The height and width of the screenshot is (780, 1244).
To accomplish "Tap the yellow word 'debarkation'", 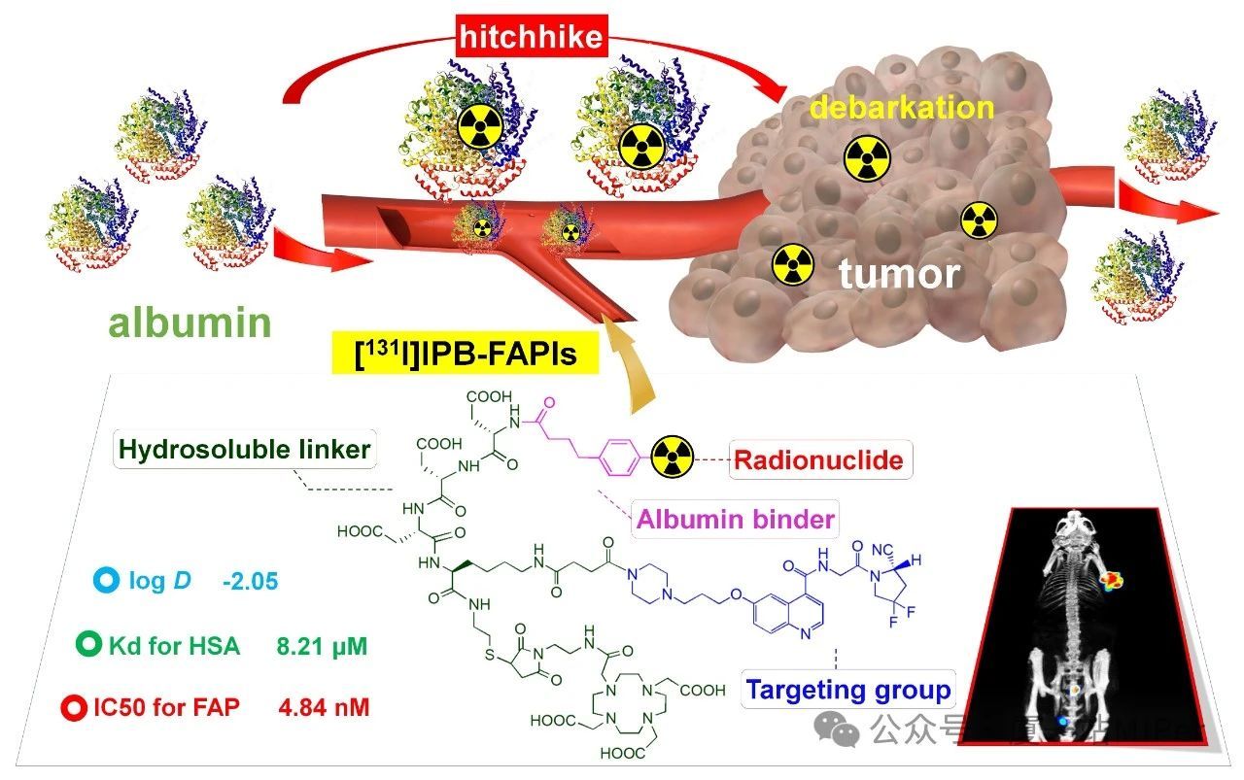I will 902,107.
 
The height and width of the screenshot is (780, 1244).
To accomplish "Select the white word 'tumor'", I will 899,274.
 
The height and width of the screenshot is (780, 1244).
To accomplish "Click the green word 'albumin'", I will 190,322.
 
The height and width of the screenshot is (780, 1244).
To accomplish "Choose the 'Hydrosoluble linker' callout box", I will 245,450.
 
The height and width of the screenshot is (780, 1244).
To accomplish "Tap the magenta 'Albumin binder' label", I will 735,519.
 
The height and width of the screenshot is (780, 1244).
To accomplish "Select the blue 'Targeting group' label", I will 847,691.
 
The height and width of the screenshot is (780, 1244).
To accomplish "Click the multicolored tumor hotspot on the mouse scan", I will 1111,582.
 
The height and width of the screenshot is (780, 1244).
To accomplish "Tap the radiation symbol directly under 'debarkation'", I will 867,158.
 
